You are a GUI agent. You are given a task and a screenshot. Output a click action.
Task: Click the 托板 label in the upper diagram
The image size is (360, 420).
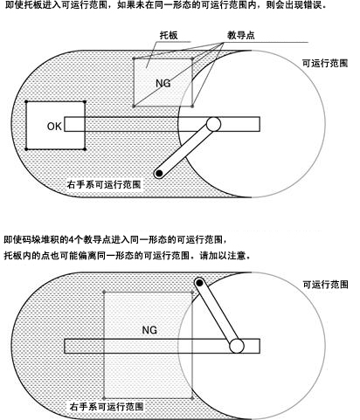coord(169,35)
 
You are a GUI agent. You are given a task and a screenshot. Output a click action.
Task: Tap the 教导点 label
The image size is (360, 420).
coord(241,35)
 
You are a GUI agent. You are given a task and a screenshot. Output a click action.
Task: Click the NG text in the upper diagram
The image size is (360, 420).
coord(163,84)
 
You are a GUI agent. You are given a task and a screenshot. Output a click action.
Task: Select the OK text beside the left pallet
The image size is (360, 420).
coord(54,127)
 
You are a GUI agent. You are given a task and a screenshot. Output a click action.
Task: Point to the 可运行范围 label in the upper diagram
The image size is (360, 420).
coord(325,63)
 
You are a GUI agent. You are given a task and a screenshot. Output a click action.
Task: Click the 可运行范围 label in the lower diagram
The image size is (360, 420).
coord(325,285)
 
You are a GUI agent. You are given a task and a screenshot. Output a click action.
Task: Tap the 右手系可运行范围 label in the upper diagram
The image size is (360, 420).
coord(104,184)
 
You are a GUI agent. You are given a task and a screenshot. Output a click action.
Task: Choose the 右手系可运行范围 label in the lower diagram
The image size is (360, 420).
coord(107,406)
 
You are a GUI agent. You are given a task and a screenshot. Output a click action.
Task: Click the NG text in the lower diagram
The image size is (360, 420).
coord(149,330)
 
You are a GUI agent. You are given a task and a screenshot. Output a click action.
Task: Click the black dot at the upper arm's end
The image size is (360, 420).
coord(159,174)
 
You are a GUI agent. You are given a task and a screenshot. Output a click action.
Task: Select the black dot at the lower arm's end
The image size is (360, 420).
coord(199,282)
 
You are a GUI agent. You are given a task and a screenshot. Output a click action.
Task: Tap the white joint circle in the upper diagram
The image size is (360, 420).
coord(213,124)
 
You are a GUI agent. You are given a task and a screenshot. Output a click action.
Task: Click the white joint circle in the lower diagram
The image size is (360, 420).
coord(237,346)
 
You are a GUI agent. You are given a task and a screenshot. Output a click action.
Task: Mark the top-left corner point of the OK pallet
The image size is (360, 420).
coord(26,101)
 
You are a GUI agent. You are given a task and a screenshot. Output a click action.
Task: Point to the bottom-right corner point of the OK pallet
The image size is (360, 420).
coord(85,149)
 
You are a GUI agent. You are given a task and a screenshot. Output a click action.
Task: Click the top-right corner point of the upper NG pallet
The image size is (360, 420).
coord(192,59)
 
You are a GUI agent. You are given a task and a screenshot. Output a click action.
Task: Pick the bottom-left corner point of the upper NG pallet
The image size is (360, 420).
coord(134,107)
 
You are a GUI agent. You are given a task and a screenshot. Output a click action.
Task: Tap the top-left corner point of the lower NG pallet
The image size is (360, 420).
coord(104,292)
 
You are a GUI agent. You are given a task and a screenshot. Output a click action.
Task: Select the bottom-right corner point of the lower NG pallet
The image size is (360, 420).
coord(192,398)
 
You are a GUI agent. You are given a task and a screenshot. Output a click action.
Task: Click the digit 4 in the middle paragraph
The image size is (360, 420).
coord(71,240)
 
